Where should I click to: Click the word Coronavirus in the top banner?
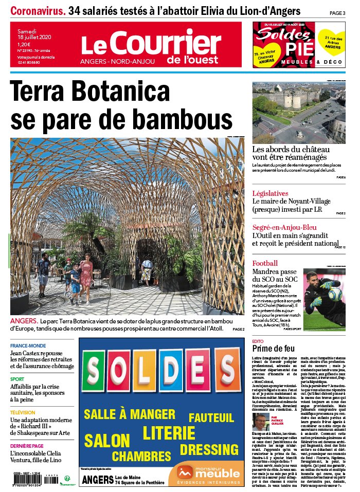38,10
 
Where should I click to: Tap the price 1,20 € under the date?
24,44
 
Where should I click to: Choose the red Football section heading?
265,264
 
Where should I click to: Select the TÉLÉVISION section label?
23,412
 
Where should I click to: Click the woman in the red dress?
86,276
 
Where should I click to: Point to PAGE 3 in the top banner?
337,12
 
